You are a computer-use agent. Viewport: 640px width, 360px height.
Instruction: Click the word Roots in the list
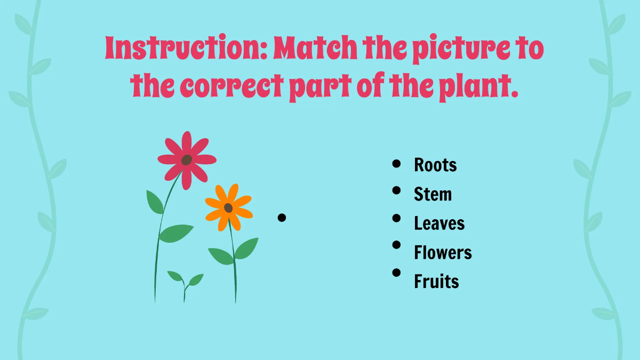[435, 165]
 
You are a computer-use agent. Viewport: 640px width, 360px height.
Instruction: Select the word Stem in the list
[433, 194]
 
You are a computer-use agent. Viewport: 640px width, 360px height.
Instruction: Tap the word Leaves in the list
[439, 223]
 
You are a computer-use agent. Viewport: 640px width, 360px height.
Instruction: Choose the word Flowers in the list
[443, 252]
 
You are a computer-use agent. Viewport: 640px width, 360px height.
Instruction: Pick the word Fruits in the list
[436, 281]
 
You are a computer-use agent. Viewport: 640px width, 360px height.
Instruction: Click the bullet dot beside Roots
[396, 164]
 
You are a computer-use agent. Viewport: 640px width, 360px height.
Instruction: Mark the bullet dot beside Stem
[396, 189]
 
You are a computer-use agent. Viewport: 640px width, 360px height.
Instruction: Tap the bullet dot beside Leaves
[396, 218]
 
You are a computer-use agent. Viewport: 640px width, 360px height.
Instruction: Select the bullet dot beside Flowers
[396, 245]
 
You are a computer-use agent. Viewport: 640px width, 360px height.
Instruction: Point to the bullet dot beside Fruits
[396, 273]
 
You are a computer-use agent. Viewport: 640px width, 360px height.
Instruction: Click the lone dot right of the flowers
[282, 217]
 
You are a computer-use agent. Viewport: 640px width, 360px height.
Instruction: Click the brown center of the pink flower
[186, 159]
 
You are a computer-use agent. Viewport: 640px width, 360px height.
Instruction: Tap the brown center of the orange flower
[228, 207]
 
